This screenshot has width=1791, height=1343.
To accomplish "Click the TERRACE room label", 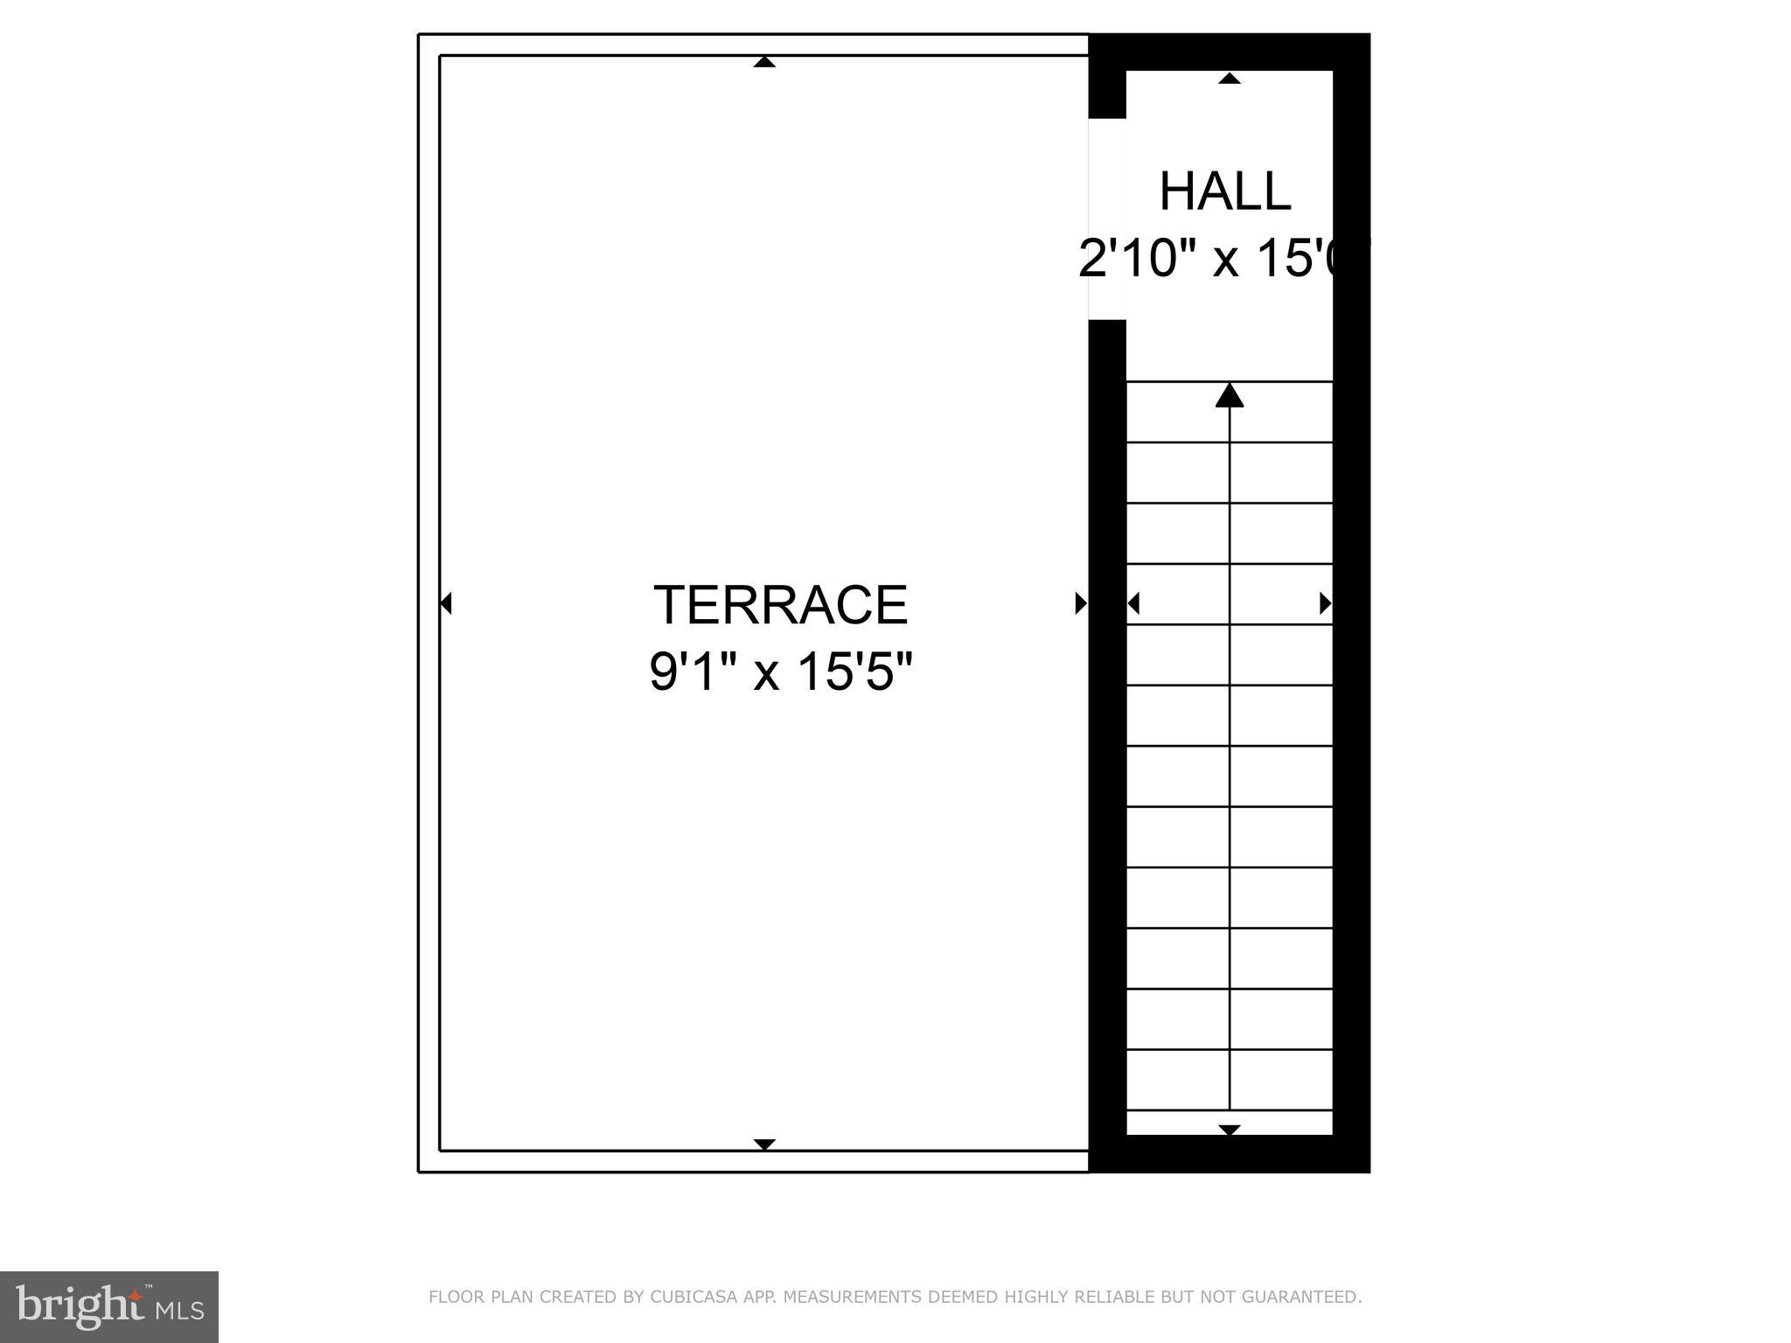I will click(x=780, y=605).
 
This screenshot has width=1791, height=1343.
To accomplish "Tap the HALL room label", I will click(x=1224, y=191).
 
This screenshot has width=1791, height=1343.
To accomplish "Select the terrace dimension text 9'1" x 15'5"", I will click(x=780, y=671).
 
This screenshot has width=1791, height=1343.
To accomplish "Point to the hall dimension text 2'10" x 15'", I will click(x=1220, y=259).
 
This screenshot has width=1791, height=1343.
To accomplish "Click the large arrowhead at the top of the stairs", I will click(x=1230, y=396).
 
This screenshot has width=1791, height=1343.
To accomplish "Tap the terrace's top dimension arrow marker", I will click(x=764, y=62).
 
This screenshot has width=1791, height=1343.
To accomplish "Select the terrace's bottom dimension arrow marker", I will click(x=764, y=1145).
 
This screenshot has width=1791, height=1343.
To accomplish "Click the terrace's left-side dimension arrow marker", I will click(x=446, y=603).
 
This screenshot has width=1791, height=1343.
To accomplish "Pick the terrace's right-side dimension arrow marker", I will click(x=1081, y=603).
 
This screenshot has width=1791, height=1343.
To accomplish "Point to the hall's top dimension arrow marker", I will click(x=1230, y=79).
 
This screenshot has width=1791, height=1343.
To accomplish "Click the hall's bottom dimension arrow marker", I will click(x=1230, y=1130).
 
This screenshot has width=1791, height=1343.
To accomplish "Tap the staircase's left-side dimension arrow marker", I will click(x=1133, y=603).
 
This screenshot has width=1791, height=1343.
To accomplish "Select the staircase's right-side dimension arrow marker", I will click(x=1326, y=603).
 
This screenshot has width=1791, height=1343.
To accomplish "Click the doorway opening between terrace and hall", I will click(x=1106, y=219).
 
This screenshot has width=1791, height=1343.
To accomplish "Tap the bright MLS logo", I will click(x=109, y=1307).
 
